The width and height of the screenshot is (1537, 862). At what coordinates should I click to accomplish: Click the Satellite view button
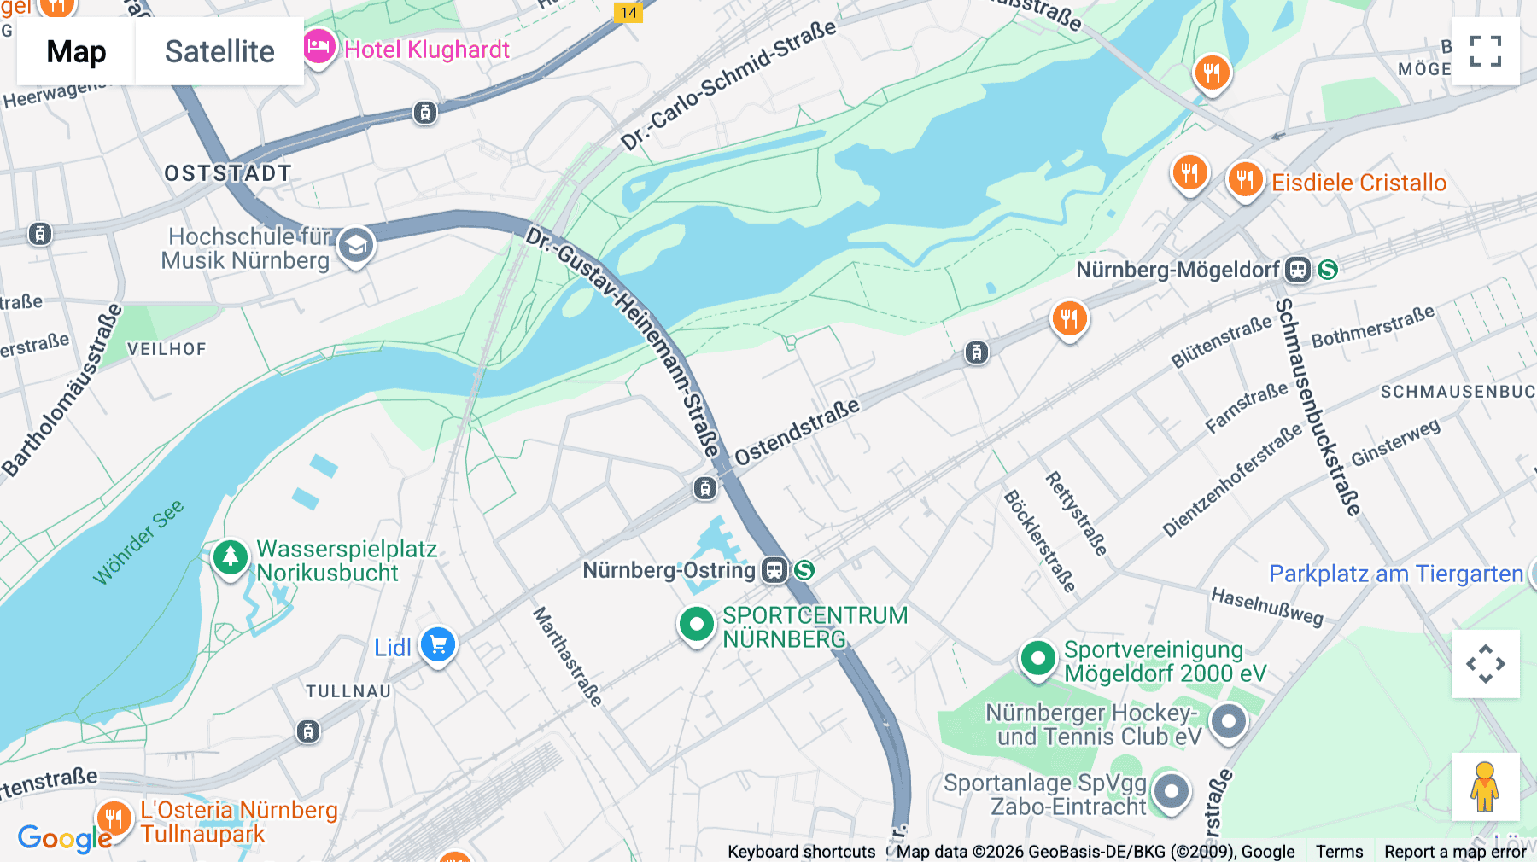[x=219, y=51]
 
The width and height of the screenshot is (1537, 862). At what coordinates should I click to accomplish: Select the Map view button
[x=76, y=51]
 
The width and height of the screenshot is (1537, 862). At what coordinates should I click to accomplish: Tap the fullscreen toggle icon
[x=1485, y=51]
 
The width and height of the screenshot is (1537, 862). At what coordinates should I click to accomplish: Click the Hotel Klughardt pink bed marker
[x=319, y=47]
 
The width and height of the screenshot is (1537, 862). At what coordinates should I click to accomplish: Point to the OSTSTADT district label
[x=228, y=173]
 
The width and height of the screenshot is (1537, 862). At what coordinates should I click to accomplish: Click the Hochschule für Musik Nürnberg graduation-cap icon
[x=355, y=246]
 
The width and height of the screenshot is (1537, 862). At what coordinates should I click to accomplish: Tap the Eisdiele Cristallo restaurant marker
[x=1245, y=179]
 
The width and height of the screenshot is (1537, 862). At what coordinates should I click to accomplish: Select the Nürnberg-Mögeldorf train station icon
[x=1297, y=270]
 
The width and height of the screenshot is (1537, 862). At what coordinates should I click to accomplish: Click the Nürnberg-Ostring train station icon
[x=774, y=570]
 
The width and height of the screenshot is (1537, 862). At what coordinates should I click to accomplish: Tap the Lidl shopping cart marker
[x=438, y=645]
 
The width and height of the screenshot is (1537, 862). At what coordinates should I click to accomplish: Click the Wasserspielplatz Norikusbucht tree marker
[x=230, y=557]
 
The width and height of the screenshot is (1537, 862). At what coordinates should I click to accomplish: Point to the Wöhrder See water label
[x=138, y=542]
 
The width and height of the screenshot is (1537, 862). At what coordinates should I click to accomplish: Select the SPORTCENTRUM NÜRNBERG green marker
[x=696, y=625]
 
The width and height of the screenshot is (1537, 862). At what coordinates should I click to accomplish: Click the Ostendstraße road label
[x=797, y=432]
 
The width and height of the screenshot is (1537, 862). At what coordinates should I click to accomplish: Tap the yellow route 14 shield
[x=628, y=13]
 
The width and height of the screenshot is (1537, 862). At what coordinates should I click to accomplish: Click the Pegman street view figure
[x=1485, y=787]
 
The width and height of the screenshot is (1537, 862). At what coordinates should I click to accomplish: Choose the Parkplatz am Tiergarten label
[x=1395, y=574]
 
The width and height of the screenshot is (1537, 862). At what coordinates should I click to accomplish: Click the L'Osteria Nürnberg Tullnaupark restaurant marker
[x=114, y=818]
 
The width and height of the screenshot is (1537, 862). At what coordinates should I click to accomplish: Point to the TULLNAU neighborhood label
[x=348, y=691]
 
